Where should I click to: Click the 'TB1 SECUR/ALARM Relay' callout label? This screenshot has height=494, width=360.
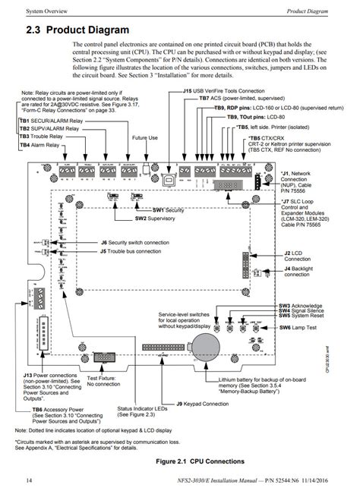coord(50,121)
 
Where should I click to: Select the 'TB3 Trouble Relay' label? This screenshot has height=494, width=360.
coord(45,136)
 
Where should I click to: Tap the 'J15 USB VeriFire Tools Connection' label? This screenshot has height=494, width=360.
coord(232,90)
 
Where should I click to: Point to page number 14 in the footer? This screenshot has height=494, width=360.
coord(29,483)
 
